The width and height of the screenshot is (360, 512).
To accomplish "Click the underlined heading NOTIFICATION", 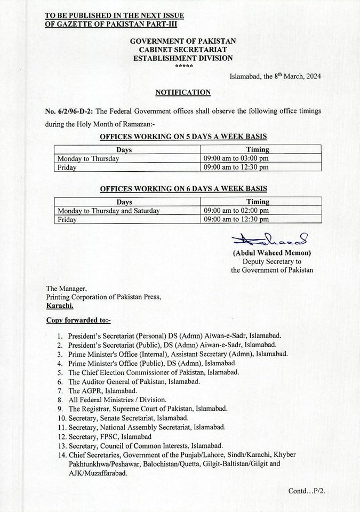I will (x=183, y=92).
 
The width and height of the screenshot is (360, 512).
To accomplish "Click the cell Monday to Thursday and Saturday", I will (x=109, y=211).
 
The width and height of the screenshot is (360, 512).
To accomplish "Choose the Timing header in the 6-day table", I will (x=258, y=202).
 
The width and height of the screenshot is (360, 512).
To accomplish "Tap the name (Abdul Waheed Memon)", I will (x=271, y=253).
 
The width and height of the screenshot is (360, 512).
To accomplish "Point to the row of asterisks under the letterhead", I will (x=183, y=65).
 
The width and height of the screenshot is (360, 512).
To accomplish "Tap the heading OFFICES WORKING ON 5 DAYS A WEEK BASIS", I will (x=183, y=137).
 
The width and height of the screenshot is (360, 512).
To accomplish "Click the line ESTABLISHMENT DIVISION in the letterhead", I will (x=183, y=58).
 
